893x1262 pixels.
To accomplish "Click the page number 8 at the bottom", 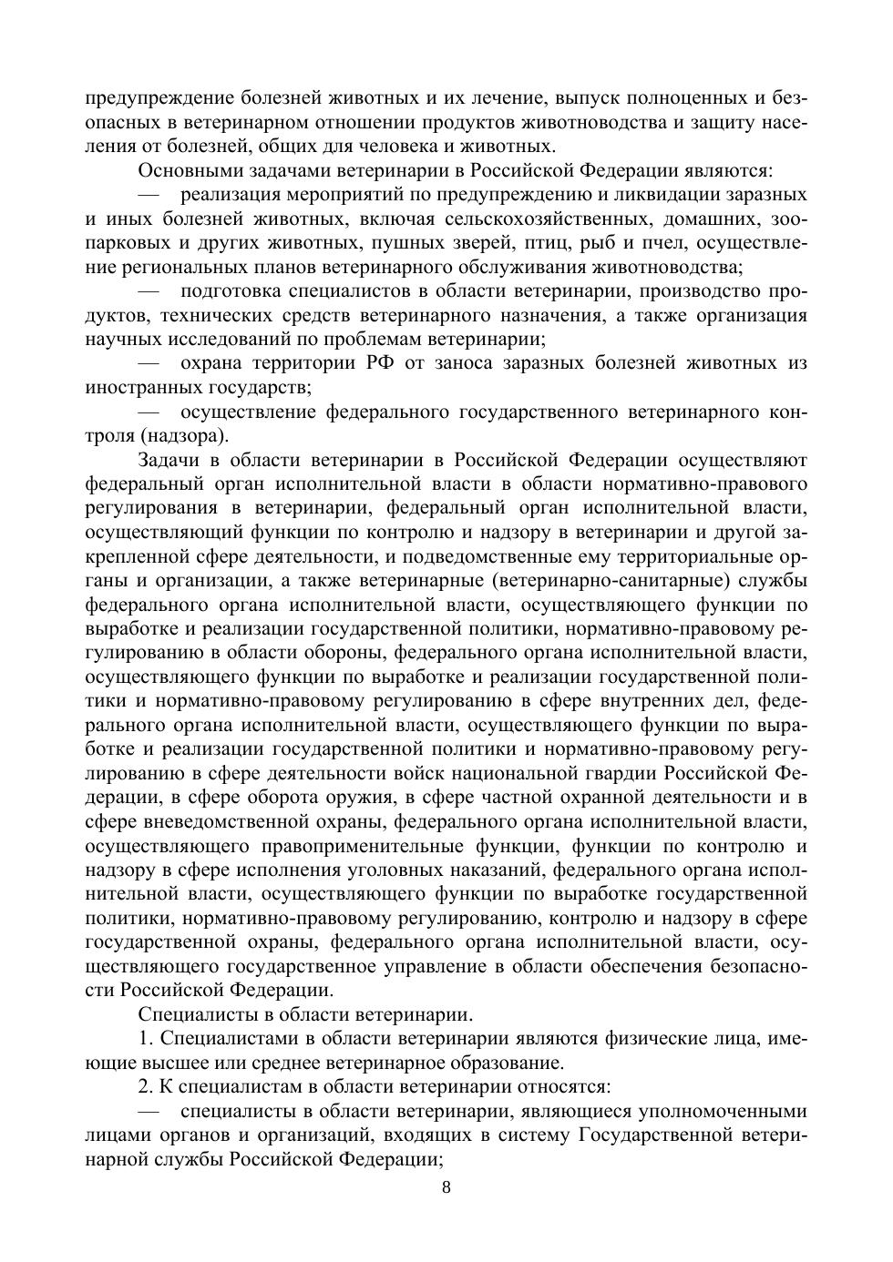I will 446,1186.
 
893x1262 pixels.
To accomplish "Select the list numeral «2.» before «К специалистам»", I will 147,1087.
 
